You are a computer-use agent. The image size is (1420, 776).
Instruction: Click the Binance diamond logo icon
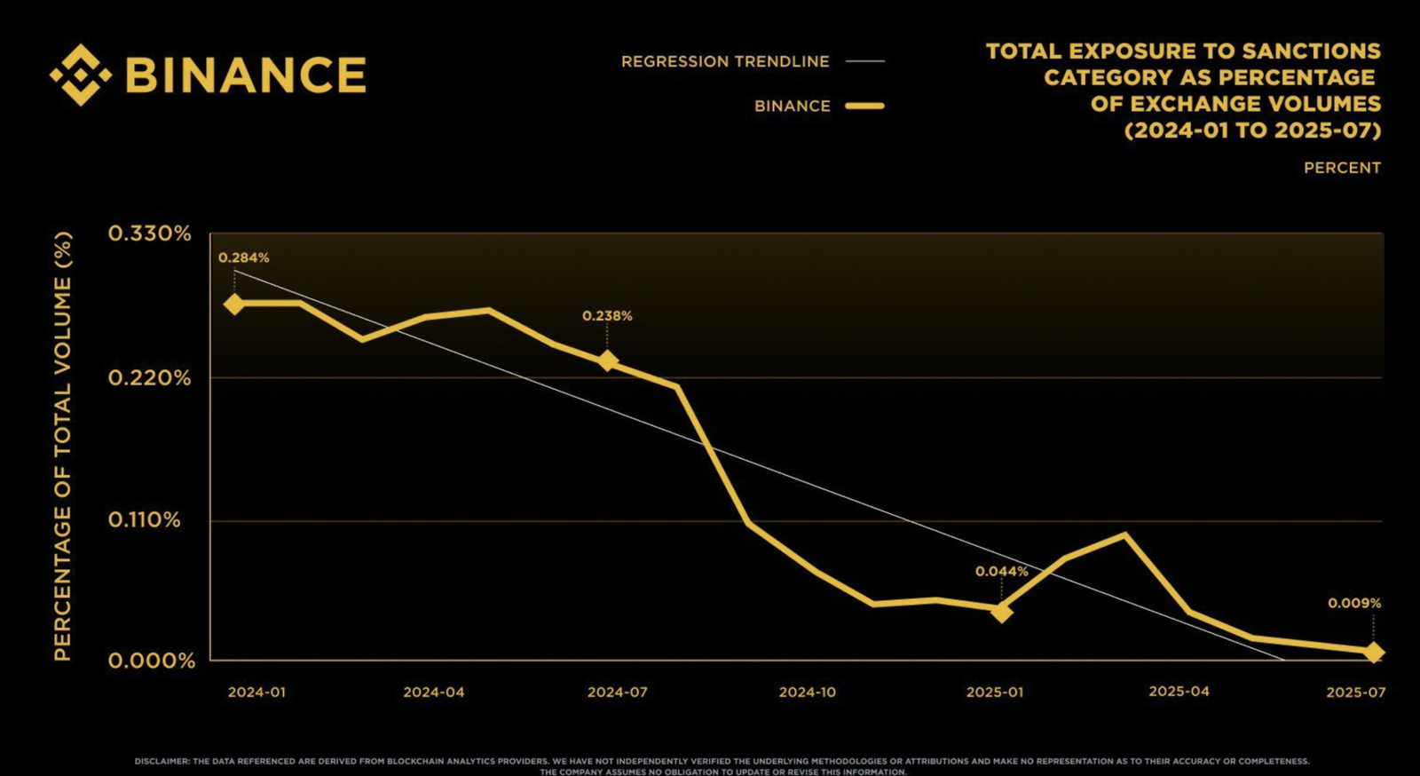coord(81,75)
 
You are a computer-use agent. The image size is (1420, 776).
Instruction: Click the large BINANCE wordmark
coord(246,75)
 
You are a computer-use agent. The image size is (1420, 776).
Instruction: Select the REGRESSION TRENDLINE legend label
coord(725,61)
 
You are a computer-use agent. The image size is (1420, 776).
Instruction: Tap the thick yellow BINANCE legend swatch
coord(864,106)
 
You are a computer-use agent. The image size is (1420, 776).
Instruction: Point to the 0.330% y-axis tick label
coord(149,234)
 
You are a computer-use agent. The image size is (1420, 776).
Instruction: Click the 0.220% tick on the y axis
coord(149,378)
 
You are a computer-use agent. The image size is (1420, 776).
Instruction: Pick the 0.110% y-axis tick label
coord(144,519)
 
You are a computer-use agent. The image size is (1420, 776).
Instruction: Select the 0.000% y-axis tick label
coord(151,661)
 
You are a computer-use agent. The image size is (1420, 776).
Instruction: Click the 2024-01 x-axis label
coord(256,692)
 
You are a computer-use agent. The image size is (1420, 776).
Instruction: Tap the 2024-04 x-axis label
coord(433,692)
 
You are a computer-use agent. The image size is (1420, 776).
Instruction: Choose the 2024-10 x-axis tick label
coord(807,692)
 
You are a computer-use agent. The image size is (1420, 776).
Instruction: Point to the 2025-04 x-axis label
coord(1179,691)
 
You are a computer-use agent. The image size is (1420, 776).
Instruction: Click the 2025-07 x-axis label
coord(1355,692)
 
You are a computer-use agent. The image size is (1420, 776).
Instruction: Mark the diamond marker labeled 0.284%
coord(234,304)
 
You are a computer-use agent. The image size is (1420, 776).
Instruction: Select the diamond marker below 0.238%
coord(607,360)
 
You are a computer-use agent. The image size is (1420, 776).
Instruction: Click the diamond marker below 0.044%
coord(1001,612)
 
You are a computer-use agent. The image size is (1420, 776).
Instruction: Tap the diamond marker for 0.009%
coord(1373,653)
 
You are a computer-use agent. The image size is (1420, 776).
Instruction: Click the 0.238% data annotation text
coord(607,316)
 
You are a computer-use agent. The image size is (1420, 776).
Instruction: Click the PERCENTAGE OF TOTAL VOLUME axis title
coord(62,447)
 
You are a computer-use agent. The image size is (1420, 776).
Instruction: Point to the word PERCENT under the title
coord(1342,168)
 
